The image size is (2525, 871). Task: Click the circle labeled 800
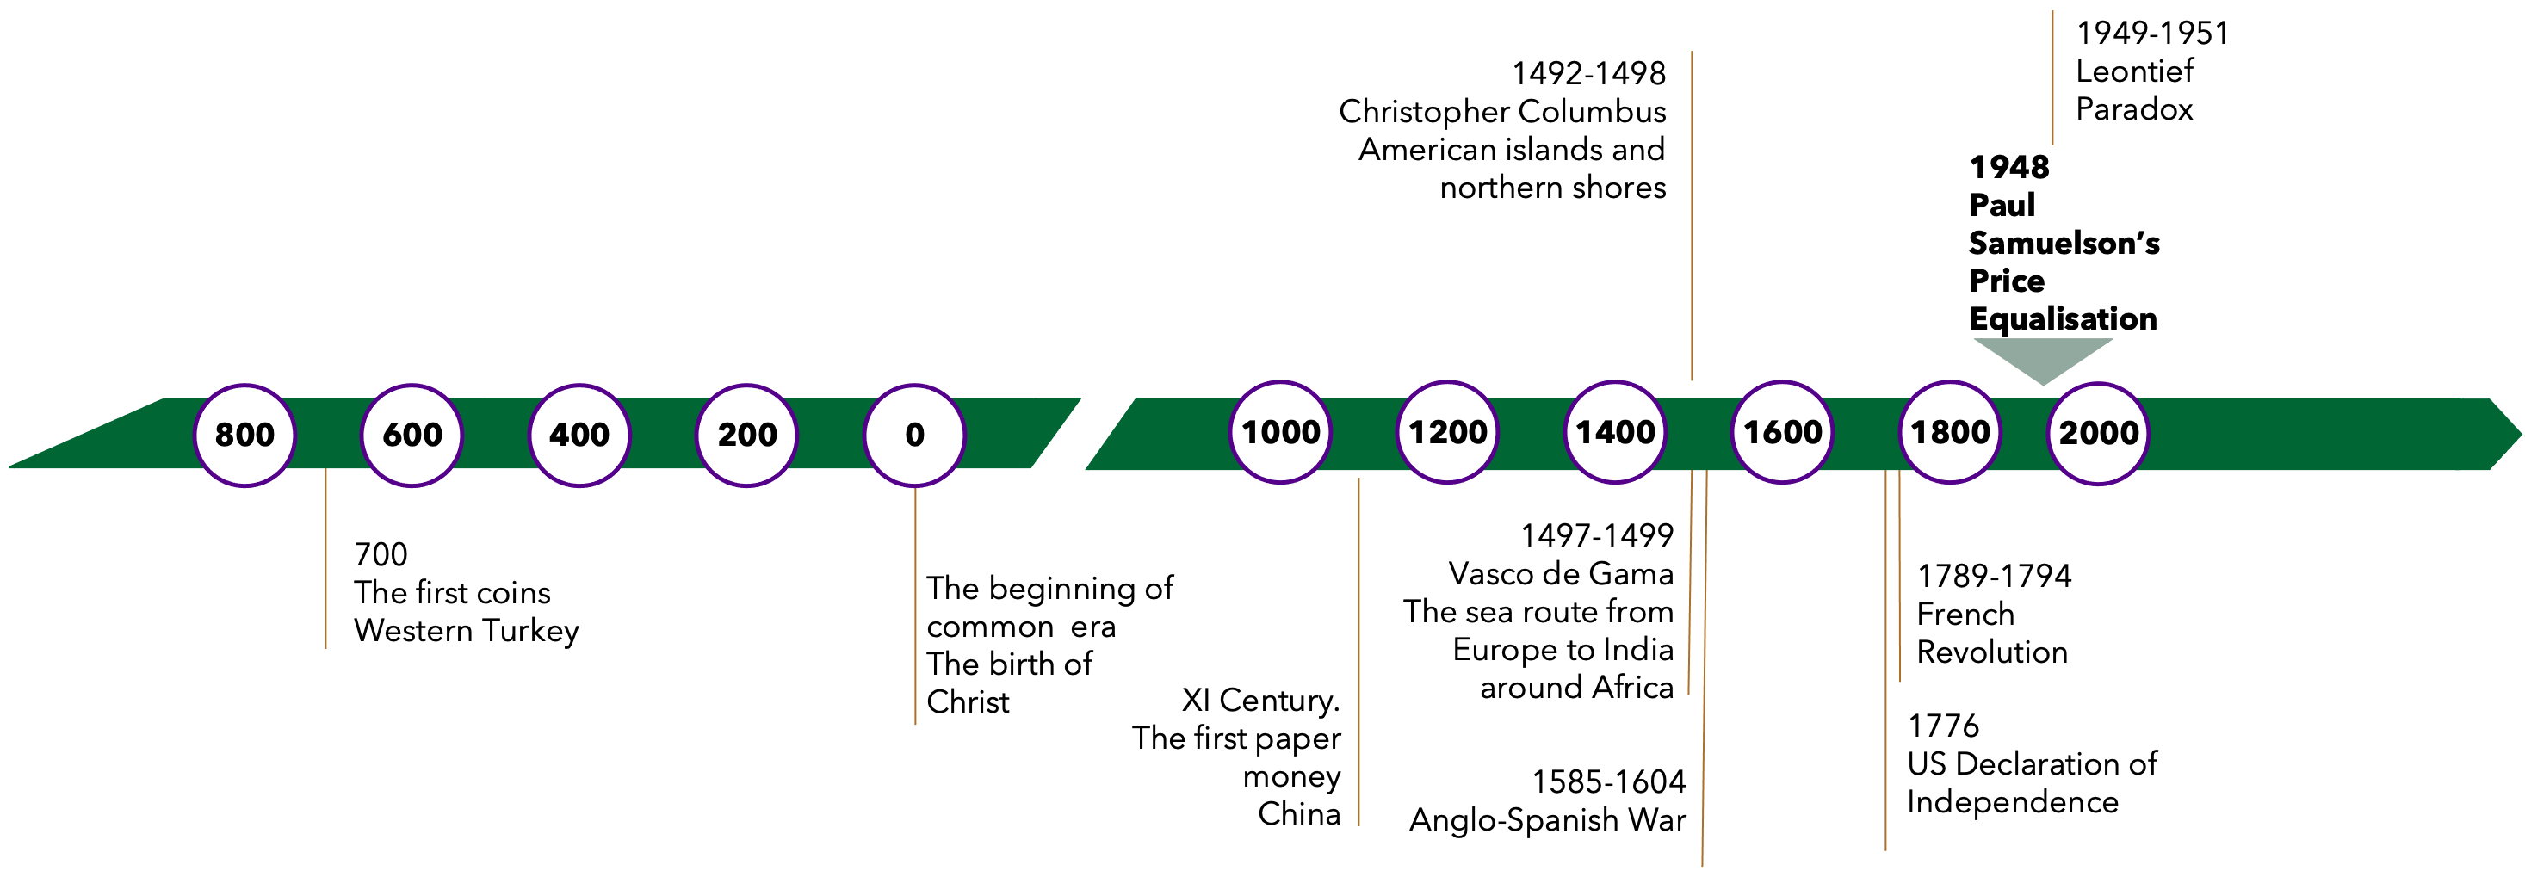click(245, 434)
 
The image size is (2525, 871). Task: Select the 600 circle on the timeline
click(412, 434)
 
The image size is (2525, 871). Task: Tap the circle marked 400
click(579, 434)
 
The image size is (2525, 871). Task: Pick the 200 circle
click(747, 434)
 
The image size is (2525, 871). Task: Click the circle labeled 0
click(914, 434)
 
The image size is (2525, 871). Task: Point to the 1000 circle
click(1280, 431)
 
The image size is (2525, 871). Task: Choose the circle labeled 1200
click(1448, 431)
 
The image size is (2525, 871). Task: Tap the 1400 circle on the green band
click(1615, 431)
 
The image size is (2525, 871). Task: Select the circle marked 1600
click(1783, 431)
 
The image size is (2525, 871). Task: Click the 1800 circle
click(1950, 431)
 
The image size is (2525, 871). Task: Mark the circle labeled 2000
click(2099, 432)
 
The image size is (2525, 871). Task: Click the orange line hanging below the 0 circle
click(915, 608)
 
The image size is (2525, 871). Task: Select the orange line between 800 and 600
click(325, 559)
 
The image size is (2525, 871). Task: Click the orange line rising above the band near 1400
click(1692, 215)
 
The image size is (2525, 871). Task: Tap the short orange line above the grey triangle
click(2052, 78)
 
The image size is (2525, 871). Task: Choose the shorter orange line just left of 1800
click(1900, 578)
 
